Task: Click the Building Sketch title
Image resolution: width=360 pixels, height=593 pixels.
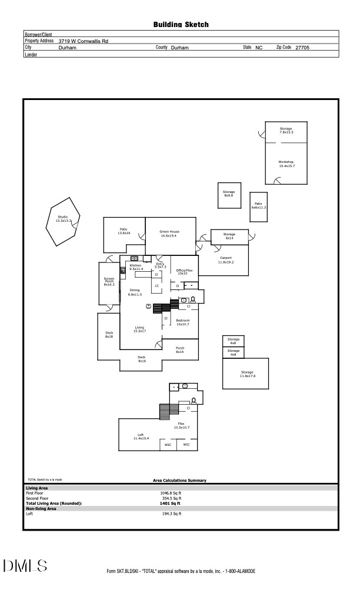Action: pyautogui.click(x=181, y=25)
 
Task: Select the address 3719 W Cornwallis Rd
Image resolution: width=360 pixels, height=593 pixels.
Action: pyautogui.click(x=84, y=41)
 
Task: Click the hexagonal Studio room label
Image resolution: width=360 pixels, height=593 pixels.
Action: pyautogui.click(x=62, y=219)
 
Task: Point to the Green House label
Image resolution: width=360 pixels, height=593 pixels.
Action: pyautogui.click(x=169, y=234)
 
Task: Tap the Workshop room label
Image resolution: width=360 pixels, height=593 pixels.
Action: pyautogui.click(x=286, y=164)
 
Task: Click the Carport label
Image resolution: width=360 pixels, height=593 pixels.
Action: pyautogui.click(x=225, y=259)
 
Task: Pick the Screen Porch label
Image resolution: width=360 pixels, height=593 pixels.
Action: pyautogui.click(x=109, y=281)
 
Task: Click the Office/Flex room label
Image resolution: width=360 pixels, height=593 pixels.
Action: pyautogui.click(x=185, y=272)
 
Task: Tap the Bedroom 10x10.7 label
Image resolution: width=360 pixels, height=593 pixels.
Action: pyautogui.click(x=183, y=322)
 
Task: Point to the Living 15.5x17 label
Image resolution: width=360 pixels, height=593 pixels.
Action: pyautogui.click(x=139, y=329)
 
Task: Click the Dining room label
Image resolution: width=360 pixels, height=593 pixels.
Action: pyautogui.click(x=135, y=292)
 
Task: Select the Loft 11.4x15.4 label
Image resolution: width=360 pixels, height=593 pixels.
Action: pyautogui.click(x=141, y=437)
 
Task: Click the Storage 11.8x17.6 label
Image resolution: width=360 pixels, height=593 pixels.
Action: pyautogui.click(x=246, y=374)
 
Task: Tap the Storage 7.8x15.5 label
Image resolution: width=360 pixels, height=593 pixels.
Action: pyautogui.click(x=286, y=130)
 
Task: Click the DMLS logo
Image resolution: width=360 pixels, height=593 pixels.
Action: pyautogui.click(x=25, y=566)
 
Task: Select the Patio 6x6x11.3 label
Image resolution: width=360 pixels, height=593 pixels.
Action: pyautogui.click(x=259, y=205)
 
